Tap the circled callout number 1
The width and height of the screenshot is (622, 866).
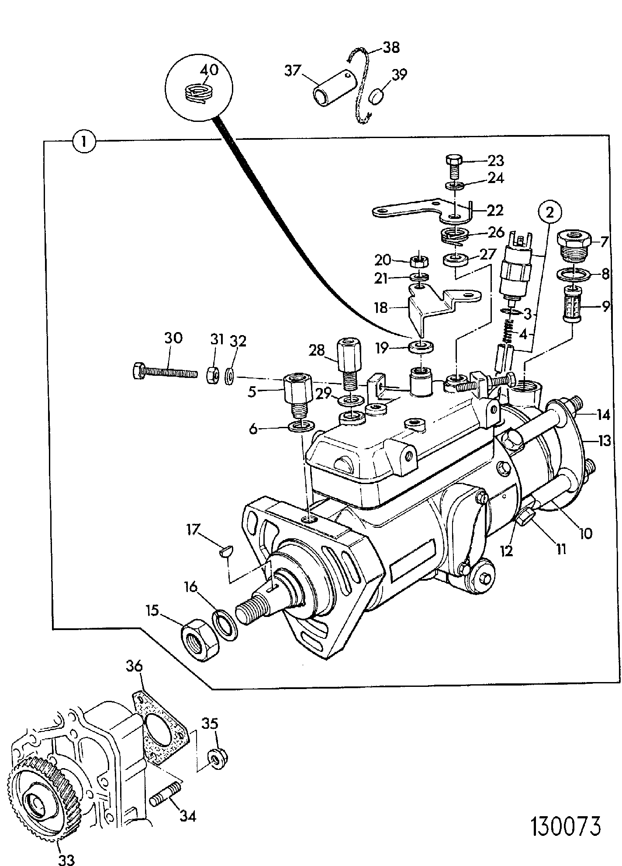point(83,142)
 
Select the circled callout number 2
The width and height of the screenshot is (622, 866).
point(550,212)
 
